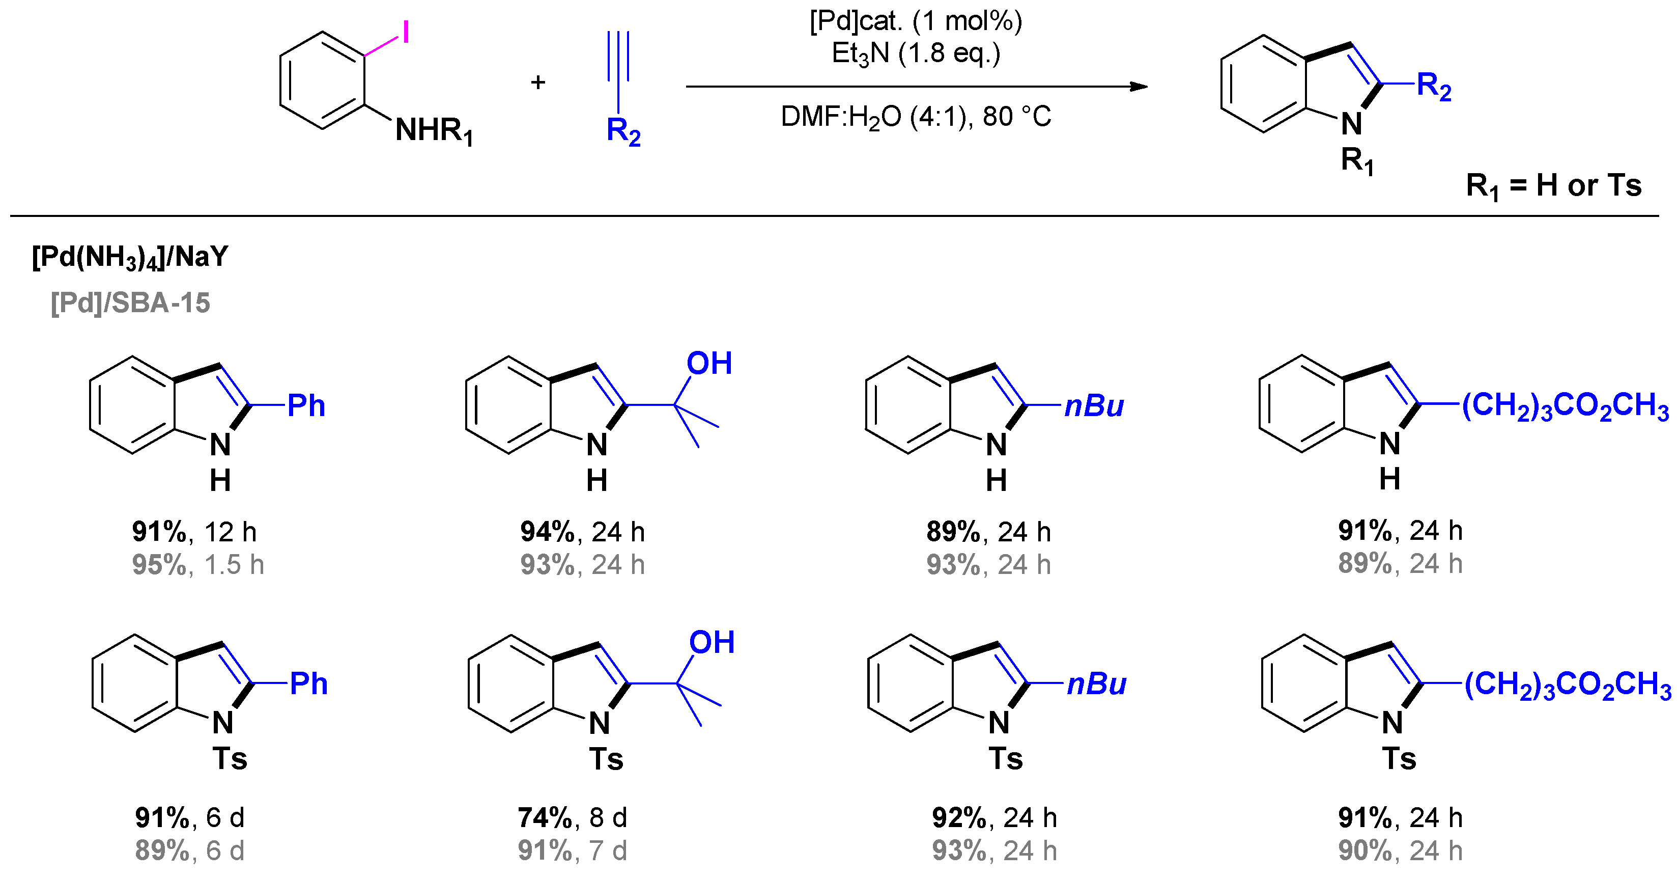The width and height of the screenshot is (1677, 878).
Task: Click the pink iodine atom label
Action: [406, 31]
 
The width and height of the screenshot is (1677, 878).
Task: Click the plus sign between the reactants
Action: [538, 82]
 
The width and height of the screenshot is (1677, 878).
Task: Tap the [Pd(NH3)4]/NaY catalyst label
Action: [130, 257]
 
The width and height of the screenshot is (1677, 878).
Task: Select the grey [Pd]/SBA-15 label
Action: [130, 303]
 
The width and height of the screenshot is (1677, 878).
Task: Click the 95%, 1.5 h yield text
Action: [198, 565]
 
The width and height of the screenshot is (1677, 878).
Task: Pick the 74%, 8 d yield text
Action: [572, 817]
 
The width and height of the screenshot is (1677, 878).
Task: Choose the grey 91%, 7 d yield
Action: [572, 850]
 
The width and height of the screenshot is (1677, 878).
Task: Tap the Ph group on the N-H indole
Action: [306, 406]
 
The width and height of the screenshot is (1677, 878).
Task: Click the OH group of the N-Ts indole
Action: [712, 642]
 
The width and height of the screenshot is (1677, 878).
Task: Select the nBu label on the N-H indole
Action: [1094, 406]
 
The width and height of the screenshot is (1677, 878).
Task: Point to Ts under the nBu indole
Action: [1006, 759]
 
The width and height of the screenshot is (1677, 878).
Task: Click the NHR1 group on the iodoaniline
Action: [434, 130]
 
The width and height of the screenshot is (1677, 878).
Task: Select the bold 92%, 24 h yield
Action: [994, 817]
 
